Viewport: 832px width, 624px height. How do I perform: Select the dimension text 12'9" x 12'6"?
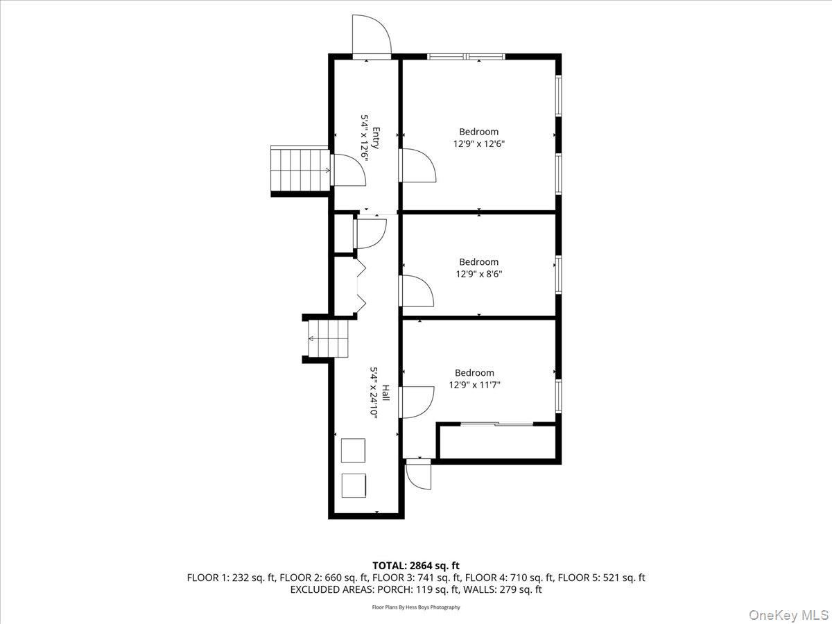(478, 144)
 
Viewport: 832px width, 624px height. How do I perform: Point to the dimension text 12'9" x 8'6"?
(478, 274)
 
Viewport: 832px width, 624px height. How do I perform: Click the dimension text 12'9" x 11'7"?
(474, 385)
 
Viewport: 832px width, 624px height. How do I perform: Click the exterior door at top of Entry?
(372, 36)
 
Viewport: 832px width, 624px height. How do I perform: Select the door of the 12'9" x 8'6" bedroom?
(416, 291)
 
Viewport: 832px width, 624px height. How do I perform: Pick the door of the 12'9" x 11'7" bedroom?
(417, 402)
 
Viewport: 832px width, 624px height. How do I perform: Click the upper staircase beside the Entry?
(300, 169)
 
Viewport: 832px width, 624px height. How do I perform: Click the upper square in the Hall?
(354, 450)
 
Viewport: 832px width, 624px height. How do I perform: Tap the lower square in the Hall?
(354, 485)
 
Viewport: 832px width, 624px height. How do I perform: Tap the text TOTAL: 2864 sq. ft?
(416, 566)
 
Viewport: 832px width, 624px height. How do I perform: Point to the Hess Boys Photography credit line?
(416, 607)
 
